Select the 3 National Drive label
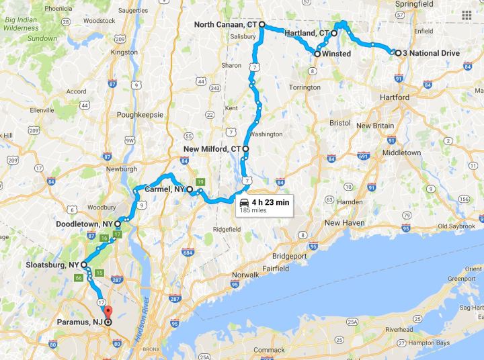[431, 53]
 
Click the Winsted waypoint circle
[317, 53]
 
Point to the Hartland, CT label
[306, 32]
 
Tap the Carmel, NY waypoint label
[165, 189]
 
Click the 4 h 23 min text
[272, 201]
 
